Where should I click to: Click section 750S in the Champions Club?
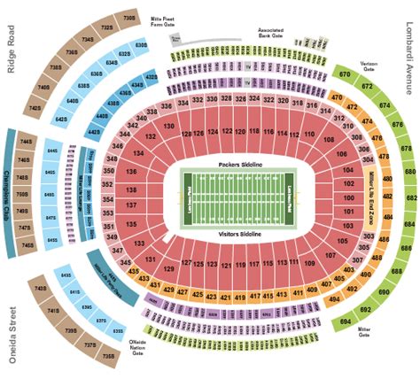26,193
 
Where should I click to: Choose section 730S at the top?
129,16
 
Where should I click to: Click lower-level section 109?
309,264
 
